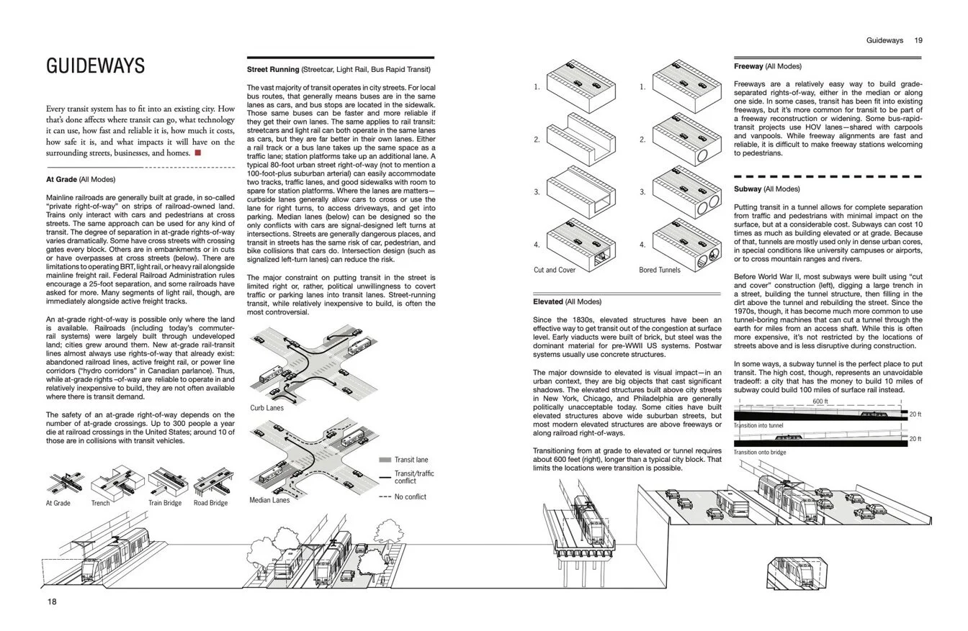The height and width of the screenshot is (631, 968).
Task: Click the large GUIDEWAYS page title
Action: point(95,66)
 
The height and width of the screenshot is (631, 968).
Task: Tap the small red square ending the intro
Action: point(197,153)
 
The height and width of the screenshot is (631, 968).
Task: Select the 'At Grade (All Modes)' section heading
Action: point(80,179)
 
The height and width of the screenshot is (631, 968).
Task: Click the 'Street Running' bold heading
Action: point(273,70)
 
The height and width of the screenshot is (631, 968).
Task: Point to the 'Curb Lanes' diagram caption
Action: point(266,408)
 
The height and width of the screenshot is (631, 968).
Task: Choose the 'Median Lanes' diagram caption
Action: point(269,500)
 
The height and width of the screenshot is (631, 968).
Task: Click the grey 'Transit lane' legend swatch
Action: point(385,460)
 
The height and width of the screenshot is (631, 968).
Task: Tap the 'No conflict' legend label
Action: point(411,497)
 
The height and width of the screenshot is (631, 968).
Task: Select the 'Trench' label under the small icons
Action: point(100,503)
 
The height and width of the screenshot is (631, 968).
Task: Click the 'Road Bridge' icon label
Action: point(210,503)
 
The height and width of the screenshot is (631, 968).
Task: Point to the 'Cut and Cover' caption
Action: point(555,271)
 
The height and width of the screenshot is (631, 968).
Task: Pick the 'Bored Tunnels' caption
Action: point(660,271)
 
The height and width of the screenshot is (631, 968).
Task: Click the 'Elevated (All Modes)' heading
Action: point(567,302)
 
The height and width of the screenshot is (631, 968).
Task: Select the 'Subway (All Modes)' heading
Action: point(766,189)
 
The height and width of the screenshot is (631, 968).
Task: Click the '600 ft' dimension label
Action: point(820,401)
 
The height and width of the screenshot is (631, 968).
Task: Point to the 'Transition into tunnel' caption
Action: point(758,425)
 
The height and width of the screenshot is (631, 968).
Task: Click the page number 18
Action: point(52,602)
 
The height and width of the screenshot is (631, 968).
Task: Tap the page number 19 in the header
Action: point(918,41)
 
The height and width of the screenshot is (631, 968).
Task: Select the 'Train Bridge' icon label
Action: point(165,503)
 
